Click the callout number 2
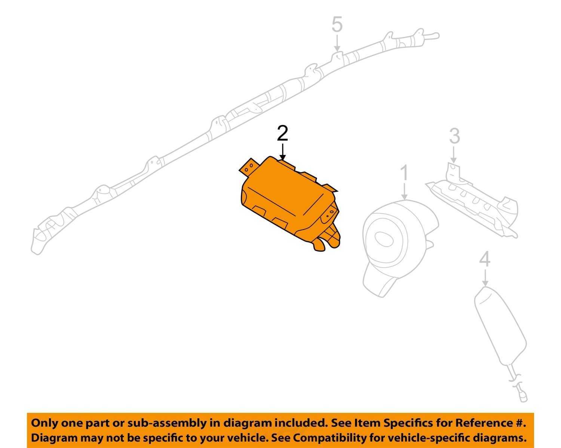click(x=282, y=133)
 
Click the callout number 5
click(x=337, y=24)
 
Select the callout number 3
click(x=454, y=136)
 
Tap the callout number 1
click(x=404, y=173)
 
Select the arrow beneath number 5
click(x=337, y=43)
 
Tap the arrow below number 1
click(x=404, y=191)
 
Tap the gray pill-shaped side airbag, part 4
click(x=500, y=331)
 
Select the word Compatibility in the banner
click(x=327, y=438)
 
